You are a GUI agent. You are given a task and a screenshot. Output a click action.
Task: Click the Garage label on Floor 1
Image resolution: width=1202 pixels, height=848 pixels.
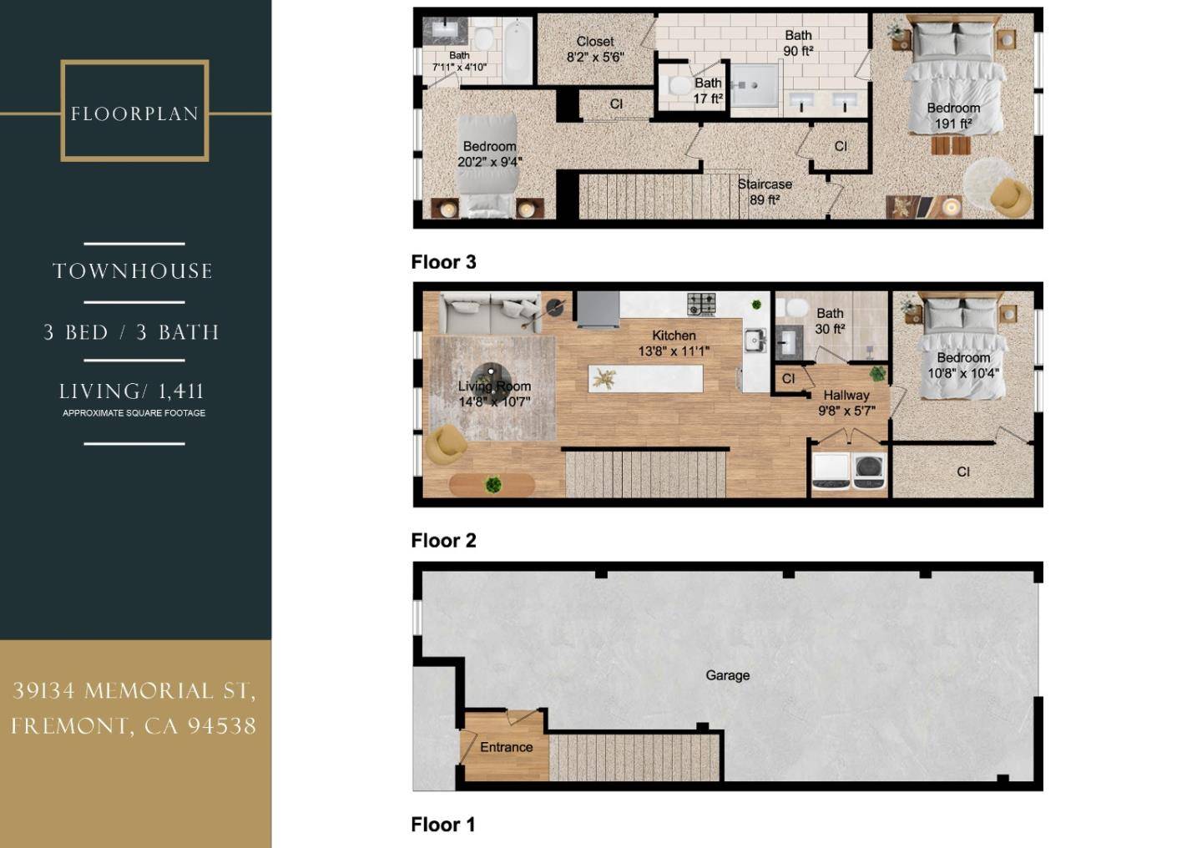point(727,675)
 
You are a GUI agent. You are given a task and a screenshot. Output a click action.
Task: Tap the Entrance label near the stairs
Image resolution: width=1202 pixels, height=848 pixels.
point(506,747)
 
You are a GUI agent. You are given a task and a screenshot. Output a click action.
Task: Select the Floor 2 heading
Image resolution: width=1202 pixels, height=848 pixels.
point(443,541)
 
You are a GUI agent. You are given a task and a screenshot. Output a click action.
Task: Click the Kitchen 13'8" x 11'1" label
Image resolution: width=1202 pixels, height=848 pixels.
point(674,344)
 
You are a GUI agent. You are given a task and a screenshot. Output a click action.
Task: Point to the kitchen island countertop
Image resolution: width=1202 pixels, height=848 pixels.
point(645,378)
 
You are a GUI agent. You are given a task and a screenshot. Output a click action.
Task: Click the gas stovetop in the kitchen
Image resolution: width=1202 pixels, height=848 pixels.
point(702,305)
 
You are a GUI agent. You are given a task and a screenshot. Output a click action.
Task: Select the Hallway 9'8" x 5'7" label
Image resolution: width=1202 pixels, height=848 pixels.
point(846,403)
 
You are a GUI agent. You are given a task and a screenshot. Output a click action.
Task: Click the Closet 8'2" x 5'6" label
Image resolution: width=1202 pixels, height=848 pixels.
point(595,49)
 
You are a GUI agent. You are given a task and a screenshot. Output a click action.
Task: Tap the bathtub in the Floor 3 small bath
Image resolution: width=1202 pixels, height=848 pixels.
point(518,51)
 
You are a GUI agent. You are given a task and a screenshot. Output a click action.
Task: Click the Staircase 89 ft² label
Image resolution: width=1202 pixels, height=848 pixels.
point(765,192)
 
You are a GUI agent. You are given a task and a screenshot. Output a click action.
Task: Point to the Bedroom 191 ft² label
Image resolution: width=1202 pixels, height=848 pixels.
point(953,116)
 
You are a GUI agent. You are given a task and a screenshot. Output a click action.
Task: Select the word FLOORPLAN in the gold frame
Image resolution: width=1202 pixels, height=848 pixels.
point(134,114)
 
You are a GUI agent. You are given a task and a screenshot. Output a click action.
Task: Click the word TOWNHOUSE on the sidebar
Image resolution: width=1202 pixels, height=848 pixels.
point(133,271)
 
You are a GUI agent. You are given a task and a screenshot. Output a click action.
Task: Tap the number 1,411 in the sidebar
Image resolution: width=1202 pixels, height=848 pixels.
point(181,391)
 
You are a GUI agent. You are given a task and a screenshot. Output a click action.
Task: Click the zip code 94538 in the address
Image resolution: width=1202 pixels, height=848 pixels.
point(222,726)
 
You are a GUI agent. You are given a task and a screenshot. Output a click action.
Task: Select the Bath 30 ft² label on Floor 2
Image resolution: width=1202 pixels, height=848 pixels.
point(830,321)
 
